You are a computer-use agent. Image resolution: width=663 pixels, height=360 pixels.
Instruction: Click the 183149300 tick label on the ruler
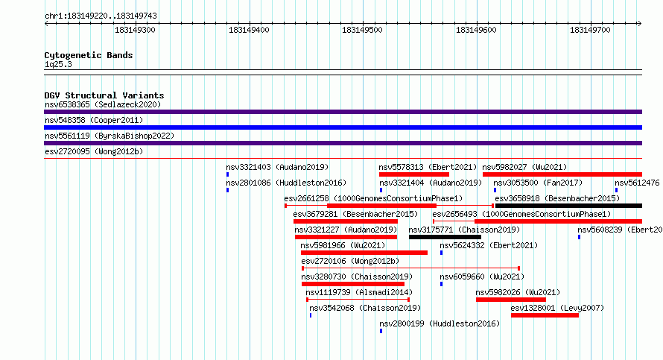[x=135, y=30]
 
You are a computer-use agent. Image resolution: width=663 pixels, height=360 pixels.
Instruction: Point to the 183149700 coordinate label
[x=590, y=30]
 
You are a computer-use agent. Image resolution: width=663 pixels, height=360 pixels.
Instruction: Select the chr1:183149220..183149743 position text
[x=101, y=16]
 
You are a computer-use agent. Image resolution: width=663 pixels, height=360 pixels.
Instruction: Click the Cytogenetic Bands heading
[x=89, y=55]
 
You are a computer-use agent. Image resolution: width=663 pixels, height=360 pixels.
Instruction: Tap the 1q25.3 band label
[x=58, y=64]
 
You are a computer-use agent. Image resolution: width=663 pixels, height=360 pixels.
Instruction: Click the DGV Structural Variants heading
[x=104, y=95]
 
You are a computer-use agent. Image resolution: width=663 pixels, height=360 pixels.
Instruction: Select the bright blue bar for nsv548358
[x=343, y=127]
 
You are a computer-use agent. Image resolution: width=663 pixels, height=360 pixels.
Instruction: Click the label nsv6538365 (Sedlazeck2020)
[x=103, y=104]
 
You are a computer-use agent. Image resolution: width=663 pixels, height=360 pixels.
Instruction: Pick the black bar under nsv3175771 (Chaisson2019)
[x=445, y=237]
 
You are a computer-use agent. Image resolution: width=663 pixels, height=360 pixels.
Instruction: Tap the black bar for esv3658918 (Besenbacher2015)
[x=568, y=206]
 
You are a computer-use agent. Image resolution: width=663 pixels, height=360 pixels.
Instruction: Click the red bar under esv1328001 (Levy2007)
[x=545, y=315]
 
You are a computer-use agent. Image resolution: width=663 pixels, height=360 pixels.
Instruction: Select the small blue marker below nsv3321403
[x=227, y=174]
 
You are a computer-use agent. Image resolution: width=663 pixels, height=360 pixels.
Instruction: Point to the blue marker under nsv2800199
[x=381, y=331]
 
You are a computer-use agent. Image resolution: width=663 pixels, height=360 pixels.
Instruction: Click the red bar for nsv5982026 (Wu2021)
[x=511, y=300]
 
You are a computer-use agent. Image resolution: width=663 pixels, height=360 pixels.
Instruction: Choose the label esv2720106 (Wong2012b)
[x=350, y=261]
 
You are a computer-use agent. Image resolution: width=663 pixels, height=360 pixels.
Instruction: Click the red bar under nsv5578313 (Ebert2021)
[x=414, y=174]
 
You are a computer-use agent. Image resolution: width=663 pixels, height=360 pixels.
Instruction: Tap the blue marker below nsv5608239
[x=580, y=237]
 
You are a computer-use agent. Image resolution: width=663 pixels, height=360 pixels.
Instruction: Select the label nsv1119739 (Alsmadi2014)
[x=359, y=292]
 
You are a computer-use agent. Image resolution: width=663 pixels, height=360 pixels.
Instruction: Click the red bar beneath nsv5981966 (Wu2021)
[x=364, y=253]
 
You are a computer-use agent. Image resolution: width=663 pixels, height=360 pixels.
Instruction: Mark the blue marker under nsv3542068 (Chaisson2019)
[x=311, y=315]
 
